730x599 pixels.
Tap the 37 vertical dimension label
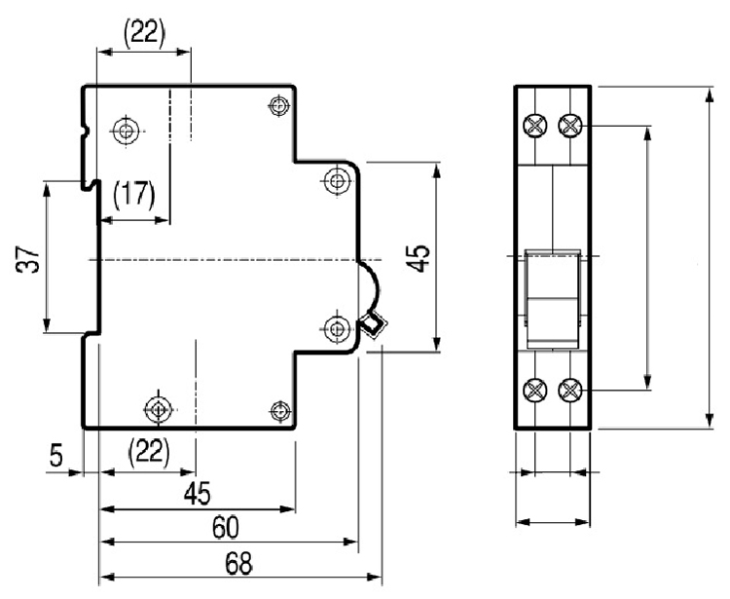pos(30,258)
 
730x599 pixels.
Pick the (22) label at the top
pos(144,32)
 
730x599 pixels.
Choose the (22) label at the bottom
pos(149,451)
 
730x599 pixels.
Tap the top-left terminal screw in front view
pos(534,125)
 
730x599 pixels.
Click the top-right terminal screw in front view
pos(570,125)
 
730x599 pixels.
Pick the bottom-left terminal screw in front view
pos(534,391)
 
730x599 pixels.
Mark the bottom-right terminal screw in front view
pos(570,391)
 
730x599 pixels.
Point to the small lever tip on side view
pos(372,324)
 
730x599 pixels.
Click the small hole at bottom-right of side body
pos(280,410)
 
